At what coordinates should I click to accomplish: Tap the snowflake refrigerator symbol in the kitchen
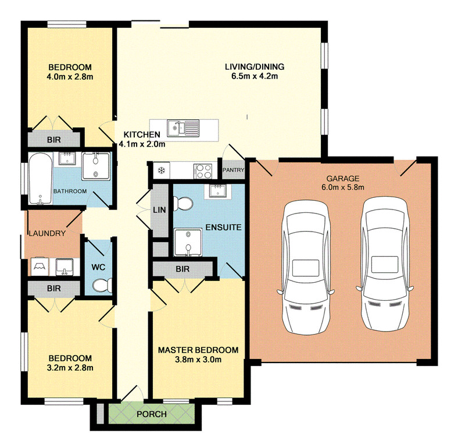(160, 170)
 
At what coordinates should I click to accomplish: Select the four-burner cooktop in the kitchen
(203, 170)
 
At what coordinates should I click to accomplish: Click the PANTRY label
(233, 169)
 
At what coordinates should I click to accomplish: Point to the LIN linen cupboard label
(159, 210)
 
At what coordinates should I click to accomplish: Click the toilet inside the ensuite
(184, 204)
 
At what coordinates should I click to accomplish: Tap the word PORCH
(152, 414)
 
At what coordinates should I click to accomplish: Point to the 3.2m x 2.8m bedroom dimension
(70, 367)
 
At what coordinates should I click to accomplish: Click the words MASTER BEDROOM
(198, 350)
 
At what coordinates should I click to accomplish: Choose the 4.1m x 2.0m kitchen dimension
(142, 144)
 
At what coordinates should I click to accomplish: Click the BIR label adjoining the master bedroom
(182, 269)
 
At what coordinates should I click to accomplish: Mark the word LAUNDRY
(47, 234)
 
